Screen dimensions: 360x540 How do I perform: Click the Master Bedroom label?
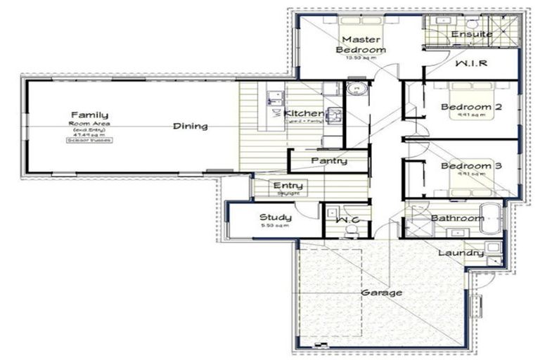[x=360, y=44]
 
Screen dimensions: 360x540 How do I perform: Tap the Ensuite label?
[x=472, y=34]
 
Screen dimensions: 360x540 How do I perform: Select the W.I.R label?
[x=471, y=64]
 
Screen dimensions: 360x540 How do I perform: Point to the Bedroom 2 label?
[x=470, y=107]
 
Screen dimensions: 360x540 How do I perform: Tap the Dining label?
[x=191, y=127]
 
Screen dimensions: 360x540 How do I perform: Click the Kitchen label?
[x=304, y=113]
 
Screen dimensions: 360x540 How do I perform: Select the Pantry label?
[x=328, y=161]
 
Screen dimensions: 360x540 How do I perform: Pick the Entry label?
[x=287, y=186]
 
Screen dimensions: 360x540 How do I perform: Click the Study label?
[x=275, y=217]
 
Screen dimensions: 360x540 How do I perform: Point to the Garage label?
[x=382, y=292]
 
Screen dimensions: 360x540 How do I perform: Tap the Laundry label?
[x=460, y=253]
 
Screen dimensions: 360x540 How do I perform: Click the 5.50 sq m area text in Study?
[x=275, y=226]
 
